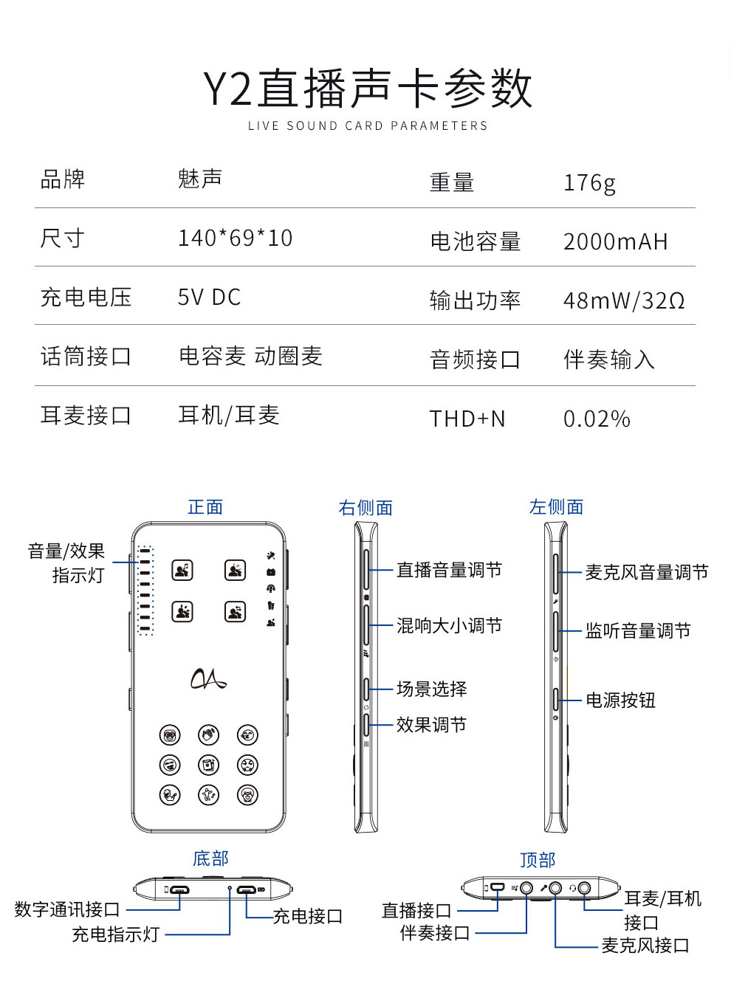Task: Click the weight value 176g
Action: pyautogui.click(x=589, y=183)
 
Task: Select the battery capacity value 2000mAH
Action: pyautogui.click(x=616, y=242)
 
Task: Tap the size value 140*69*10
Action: pyautogui.click(x=235, y=238)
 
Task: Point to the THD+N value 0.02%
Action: pyautogui.click(x=597, y=419)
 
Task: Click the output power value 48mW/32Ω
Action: pyautogui.click(x=624, y=300)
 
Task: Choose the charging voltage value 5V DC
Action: pyautogui.click(x=209, y=297)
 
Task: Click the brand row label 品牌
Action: pyautogui.click(x=62, y=179)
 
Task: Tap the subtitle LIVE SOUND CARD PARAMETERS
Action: pyautogui.click(x=367, y=126)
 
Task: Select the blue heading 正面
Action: pyautogui.click(x=205, y=507)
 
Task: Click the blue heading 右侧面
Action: pyautogui.click(x=365, y=508)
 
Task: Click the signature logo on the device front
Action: pyautogui.click(x=208, y=678)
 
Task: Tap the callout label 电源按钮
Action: pyautogui.click(x=620, y=701)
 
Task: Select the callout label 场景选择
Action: pyautogui.click(x=431, y=689)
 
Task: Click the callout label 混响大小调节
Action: pyautogui.click(x=449, y=625)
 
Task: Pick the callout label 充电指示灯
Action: pyautogui.click(x=115, y=934)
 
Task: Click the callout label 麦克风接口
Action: pyautogui.click(x=645, y=945)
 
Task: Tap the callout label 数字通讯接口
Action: pyautogui.click(x=66, y=909)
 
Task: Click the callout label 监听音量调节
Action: pyautogui.click(x=638, y=630)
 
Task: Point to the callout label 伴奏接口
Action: pyautogui.click(x=435, y=933)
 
